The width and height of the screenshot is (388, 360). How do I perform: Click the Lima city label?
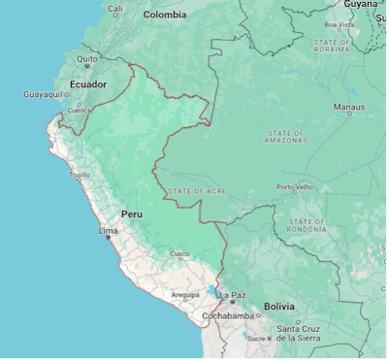[109, 232]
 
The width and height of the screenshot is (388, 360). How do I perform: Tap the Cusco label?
[180, 254]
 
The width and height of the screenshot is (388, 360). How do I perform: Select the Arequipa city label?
[185, 294]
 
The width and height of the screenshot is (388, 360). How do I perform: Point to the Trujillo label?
[80, 175]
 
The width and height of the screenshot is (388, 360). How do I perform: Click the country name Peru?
[132, 213]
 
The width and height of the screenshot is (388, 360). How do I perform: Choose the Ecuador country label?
[88, 84]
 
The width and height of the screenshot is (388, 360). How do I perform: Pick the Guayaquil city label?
[43, 94]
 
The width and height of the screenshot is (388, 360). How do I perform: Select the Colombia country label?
[165, 15]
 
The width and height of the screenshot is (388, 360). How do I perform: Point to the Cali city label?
[115, 9]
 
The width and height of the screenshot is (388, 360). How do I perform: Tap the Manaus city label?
[349, 107]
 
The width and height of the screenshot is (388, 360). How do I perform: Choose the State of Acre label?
[197, 191]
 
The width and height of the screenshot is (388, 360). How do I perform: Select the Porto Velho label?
[295, 187]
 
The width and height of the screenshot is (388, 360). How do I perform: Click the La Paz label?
[233, 294]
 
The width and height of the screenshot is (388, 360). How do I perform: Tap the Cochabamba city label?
[228, 316]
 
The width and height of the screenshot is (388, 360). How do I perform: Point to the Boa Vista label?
[339, 25]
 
